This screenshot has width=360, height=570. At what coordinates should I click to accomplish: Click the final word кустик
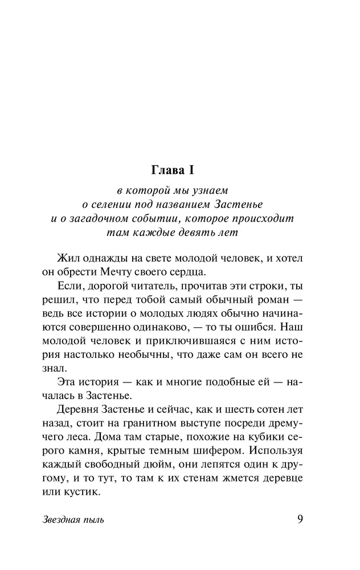(82, 491)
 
